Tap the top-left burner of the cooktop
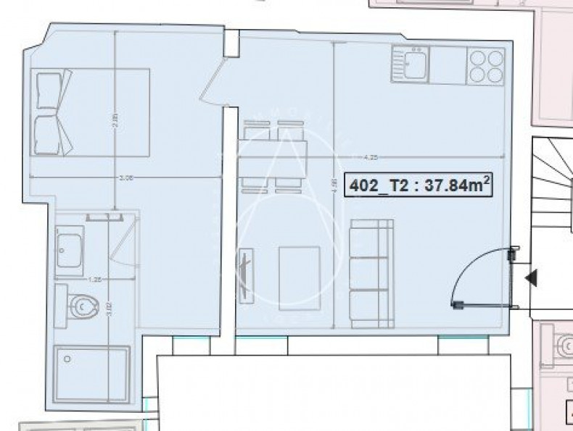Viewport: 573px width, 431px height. coord(477,57)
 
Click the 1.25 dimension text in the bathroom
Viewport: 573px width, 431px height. coord(92,277)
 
